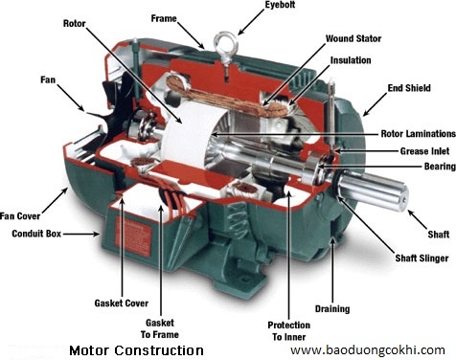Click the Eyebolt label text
[x=280, y=5]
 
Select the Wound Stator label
[x=353, y=38]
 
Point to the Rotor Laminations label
[x=419, y=133]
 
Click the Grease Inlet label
[x=424, y=151]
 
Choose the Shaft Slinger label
[x=422, y=258]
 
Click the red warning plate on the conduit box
[x=132, y=236]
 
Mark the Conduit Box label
[x=36, y=234]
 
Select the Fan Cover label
[x=20, y=216]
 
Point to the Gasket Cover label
[x=122, y=303]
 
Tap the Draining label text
[x=332, y=309]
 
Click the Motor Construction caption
[x=136, y=350]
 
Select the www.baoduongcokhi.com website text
[x=368, y=350]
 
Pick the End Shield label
[x=409, y=88]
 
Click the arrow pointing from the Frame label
[x=191, y=35]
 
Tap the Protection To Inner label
[x=289, y=331]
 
